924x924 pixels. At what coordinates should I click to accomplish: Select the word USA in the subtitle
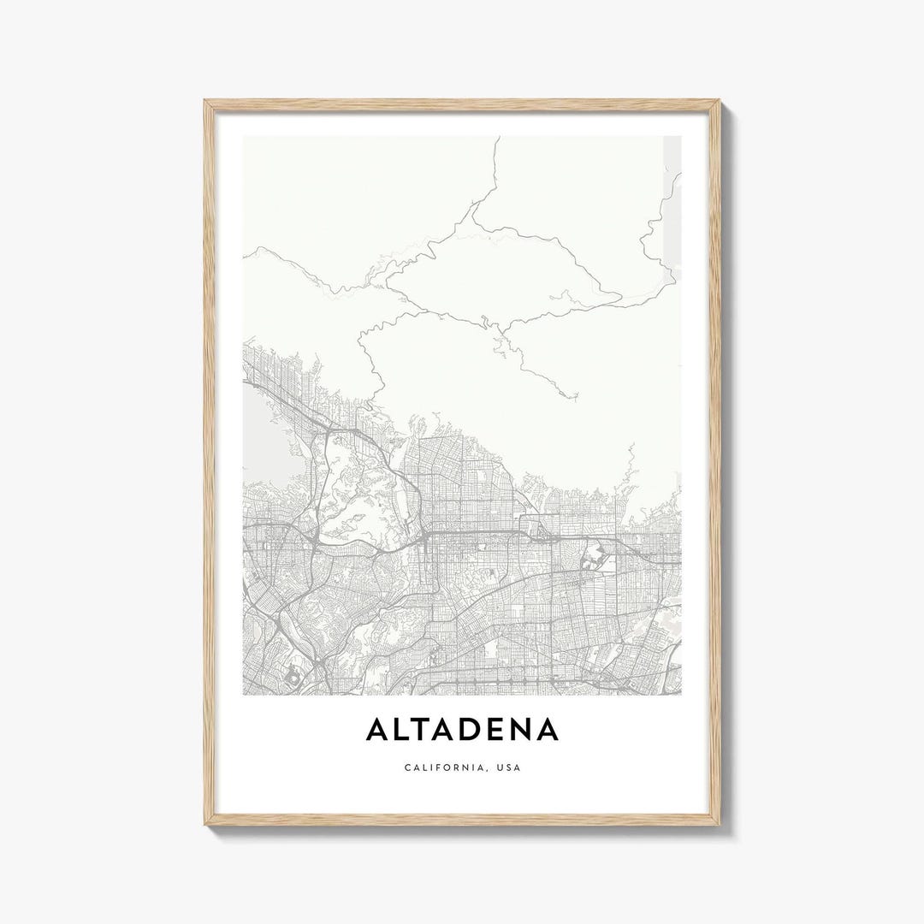(x=506, y=767)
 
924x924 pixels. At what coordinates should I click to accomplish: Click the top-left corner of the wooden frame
(x=206, y=102)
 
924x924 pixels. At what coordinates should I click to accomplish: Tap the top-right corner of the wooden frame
(x=718, y=102)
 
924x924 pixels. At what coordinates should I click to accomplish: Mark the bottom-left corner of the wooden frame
(x=206, y=823)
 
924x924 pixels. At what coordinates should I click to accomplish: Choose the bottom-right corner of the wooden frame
(x=718, y=823)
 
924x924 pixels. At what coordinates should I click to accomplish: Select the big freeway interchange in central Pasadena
(x=425, y=536)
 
